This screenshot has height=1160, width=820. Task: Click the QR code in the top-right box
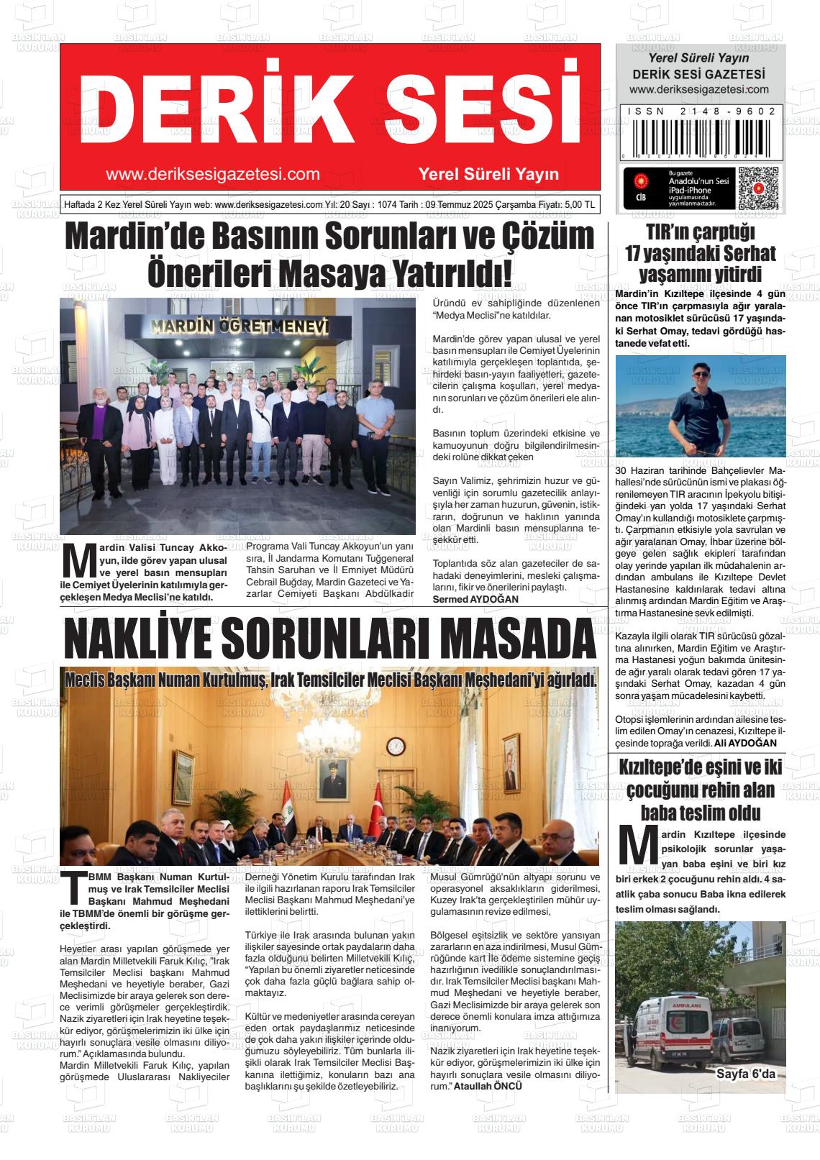pos(758,188)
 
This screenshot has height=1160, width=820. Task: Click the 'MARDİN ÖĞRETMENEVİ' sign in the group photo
pos(240,327)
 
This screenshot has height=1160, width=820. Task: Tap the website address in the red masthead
pos(212,174)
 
